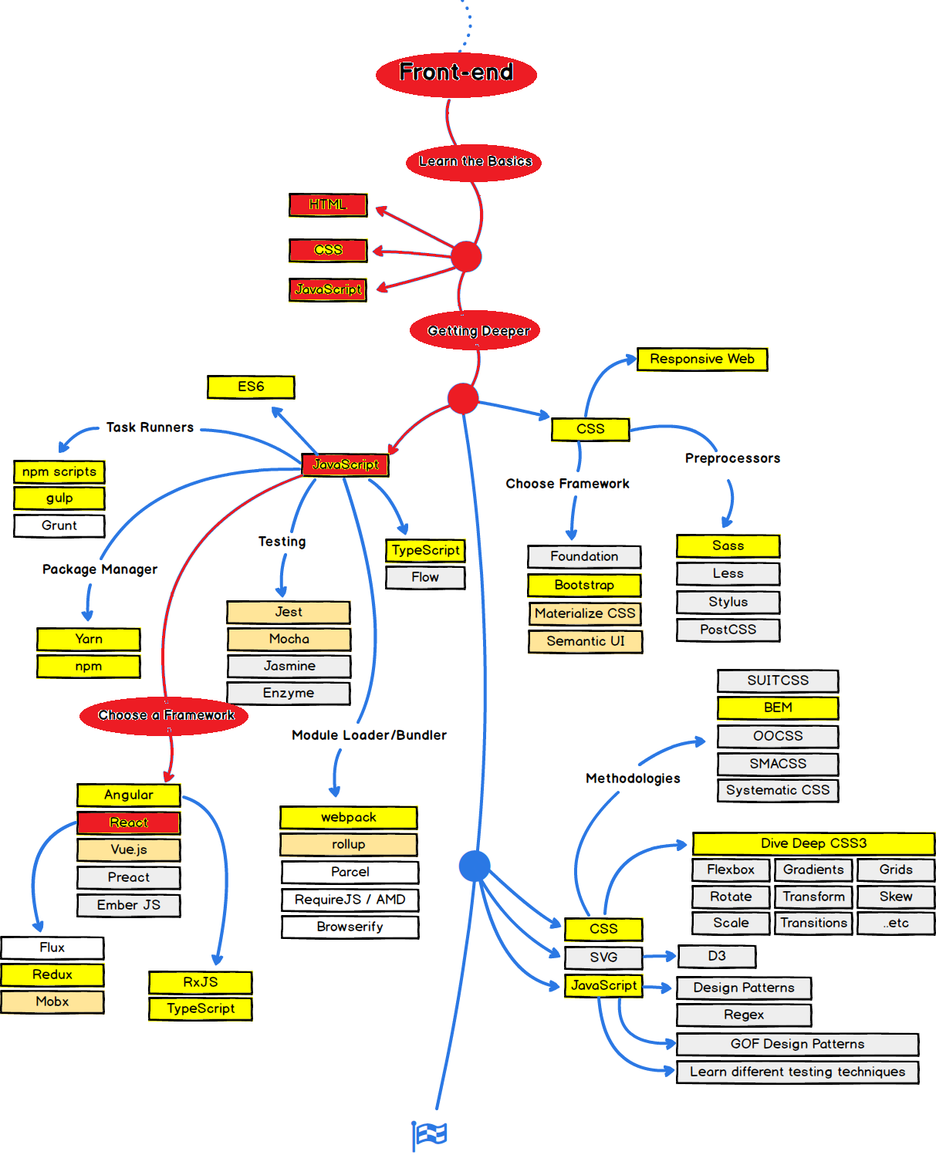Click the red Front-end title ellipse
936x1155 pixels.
tap(456, 75)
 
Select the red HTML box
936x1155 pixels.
tap(328, 205)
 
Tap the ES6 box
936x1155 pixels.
tap(251, 387)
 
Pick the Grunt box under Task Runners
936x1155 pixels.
tap(59, 525)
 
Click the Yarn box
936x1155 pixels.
tap(89, 640)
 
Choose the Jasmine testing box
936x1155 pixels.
tap(289, 666)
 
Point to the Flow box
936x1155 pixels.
tap(425, 577)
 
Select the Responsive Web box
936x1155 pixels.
tap(702, 359)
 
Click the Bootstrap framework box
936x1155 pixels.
tap(584, 585)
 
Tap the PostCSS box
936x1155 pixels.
tap(728, 630)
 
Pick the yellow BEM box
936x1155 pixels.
tap(778, 708)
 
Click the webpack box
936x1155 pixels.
tap(349, 818)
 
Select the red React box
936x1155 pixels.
tap(129, 822)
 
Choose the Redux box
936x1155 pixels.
tap(52, 974)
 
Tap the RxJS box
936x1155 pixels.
tap(201, 982)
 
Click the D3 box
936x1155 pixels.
tap(716, 956)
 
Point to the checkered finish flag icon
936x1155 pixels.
tap(430, 1135)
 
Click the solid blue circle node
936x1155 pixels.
tap(475, 866)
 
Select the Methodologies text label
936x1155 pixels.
tap(633, 778)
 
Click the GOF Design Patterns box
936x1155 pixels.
tap(797, 1044)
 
